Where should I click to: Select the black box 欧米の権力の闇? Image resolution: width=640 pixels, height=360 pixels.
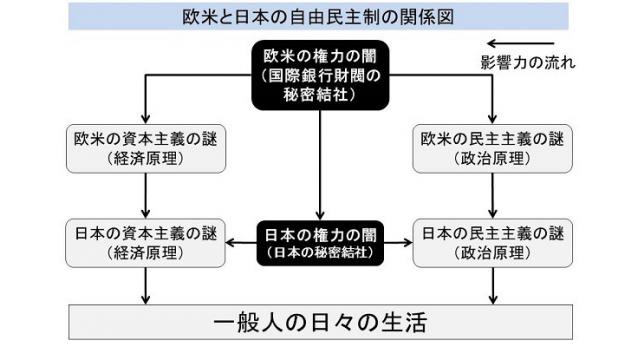tap(319, 74)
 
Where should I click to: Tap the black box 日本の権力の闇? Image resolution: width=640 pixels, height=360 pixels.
tap(319, 243)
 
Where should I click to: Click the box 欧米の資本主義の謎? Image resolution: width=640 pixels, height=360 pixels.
tap(148, 147)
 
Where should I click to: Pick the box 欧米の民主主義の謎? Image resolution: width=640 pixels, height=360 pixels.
tap(493, 147)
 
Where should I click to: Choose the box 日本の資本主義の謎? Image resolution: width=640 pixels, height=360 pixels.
tap(148, 243)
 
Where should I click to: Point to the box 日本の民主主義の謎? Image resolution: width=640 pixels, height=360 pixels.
tap(493, 243)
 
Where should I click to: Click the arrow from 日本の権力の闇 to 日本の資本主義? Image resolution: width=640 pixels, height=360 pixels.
tap(241, 243)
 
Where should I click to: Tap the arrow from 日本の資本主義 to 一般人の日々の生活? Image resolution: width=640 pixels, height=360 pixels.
tap(148, 287)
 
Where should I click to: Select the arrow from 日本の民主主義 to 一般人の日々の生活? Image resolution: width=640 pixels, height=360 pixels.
tap(493, 287)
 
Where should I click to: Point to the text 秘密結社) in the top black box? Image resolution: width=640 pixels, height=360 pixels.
tap(319, 95)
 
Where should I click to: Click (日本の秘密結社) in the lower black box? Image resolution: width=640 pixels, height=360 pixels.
tap(319, 253)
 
